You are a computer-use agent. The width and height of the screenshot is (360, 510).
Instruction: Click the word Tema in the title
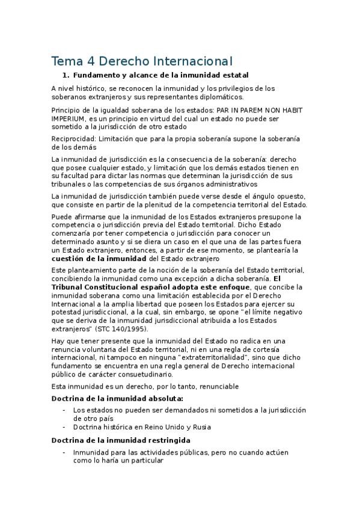(x=65, y=61)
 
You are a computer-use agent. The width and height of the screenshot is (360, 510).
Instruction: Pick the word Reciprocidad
(x=73, y=138)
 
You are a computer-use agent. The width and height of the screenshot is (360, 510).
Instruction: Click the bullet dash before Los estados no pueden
(x=64, y=410)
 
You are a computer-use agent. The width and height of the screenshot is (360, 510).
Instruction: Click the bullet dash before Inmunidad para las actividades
(x=64, y=452)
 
